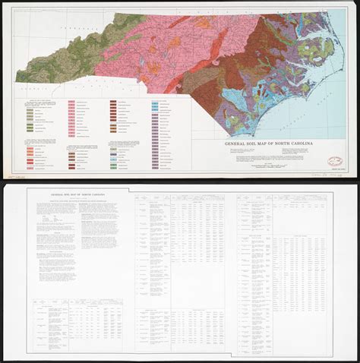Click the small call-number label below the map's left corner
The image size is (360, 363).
[15, 176]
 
